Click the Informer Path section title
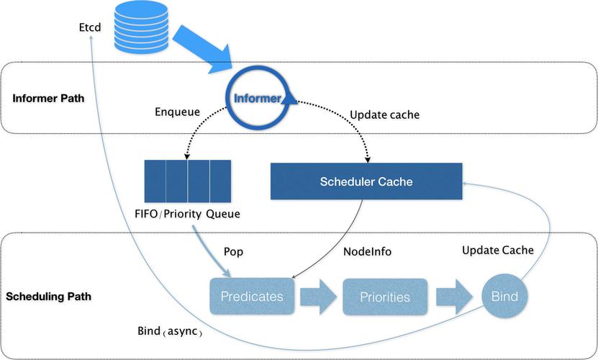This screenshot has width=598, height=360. [x=48, y=98]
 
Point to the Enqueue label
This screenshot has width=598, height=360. [x=176, y=112]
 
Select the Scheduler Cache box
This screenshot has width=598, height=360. [x=366, y=181]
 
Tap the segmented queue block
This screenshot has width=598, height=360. [x=187, y=181]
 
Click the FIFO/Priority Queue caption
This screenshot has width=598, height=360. [x=187, y=214]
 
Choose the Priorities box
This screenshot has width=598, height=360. [x=386, y=297]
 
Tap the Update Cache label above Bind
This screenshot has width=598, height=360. [x=497, y=250]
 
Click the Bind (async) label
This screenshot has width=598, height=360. [x=170, y=333]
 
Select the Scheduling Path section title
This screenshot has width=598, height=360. [x=52, y=296]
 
